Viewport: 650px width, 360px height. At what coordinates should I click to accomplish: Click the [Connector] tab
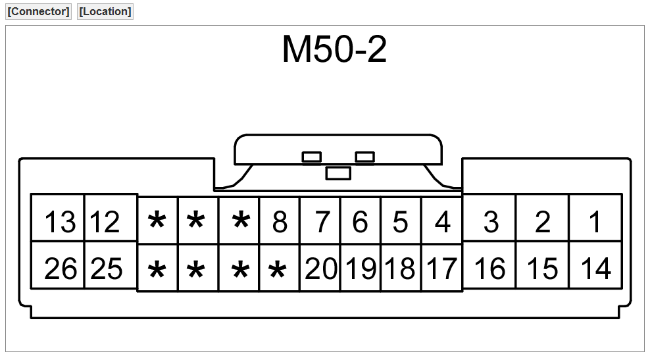click(38, 12)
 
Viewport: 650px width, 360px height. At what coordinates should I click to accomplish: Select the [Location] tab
click(105, 12)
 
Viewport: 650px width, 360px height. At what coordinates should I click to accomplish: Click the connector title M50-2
click(334, 50)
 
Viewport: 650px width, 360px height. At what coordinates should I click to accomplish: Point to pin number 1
click(595, 222)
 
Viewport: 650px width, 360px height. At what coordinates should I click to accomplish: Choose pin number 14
click(595, 269)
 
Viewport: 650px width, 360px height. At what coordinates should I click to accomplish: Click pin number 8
click(280, 222)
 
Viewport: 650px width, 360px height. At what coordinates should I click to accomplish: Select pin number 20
click(321, 269)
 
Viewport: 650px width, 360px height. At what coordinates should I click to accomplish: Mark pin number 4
click(443, 222)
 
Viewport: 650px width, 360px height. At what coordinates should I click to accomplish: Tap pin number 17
click(442, 269)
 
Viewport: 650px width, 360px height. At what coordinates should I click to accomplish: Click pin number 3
click(491, 222)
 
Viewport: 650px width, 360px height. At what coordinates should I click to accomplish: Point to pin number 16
click(489, 269)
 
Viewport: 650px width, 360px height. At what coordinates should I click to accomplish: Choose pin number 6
click(360, 222)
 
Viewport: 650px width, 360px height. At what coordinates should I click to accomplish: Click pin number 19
click(361, 269)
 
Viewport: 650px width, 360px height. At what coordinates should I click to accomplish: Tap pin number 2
click(542, 222)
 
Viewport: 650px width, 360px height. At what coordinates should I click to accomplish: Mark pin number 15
click(543, 269)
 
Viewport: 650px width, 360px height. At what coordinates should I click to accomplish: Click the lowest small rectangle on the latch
click(338, 173)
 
